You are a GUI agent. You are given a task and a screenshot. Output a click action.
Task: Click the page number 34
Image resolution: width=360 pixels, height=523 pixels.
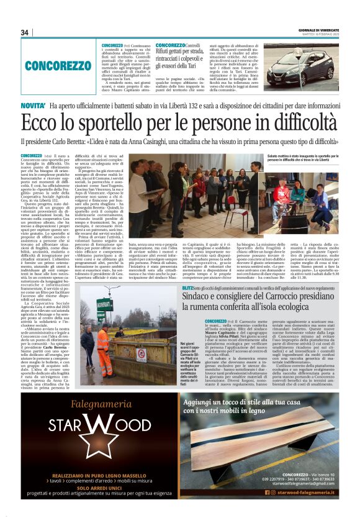tap(25, 33)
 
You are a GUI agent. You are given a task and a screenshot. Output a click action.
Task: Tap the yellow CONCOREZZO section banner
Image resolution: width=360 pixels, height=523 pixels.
tap(58, 65)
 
